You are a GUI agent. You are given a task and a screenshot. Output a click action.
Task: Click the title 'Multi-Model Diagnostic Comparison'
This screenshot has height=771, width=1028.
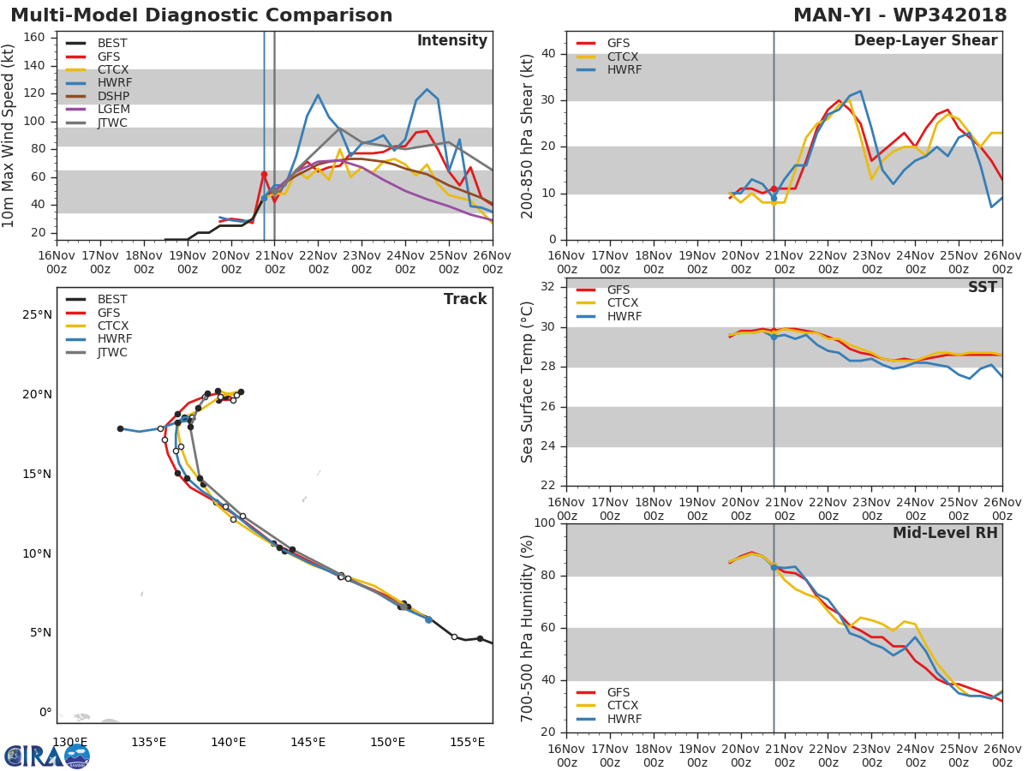click(x=201, y=15)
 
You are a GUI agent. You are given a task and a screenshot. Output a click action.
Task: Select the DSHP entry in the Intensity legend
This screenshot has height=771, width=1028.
click(x=112, y=97)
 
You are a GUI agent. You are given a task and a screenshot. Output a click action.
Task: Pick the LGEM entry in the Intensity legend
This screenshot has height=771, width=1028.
click(x=112, y=110)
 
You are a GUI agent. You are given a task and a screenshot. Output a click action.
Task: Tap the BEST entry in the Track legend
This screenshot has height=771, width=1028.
click(x=112, y=300)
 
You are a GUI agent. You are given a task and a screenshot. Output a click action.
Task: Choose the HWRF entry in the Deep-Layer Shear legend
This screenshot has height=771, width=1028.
click(x=624, y=70)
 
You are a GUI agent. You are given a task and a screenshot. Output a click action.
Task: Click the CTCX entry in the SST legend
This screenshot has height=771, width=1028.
click(x=623, y=303)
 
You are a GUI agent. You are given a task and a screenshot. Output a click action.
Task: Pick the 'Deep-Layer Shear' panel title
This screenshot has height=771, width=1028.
click(x=925, y=41)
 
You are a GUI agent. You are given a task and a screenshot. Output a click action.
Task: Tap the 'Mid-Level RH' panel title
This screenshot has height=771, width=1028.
click(x=945, y=534)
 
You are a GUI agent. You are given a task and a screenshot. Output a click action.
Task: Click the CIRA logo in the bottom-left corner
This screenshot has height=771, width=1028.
click(x=47, y=756)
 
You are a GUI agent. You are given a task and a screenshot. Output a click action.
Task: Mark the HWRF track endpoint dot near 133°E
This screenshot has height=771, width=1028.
click(x=120, y=428)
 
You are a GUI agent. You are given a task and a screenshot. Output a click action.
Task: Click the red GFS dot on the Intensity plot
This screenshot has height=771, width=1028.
click(x=264, y=175)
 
